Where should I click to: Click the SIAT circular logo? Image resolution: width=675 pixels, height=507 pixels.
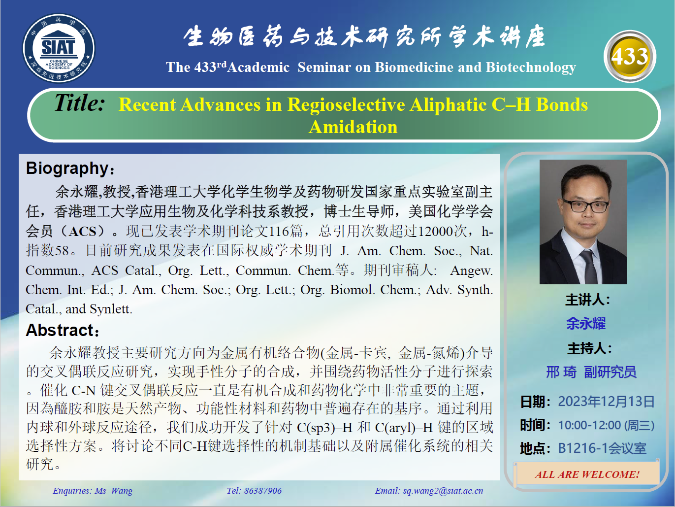coord(59,48)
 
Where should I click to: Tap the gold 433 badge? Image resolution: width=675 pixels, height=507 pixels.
coord(630,56)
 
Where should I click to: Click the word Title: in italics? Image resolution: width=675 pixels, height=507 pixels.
coord(80,103)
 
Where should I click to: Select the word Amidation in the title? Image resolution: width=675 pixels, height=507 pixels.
coord(353,127)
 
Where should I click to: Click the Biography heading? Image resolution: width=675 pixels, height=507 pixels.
coord(70,169)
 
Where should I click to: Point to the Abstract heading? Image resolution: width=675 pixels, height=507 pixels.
coord(63,330)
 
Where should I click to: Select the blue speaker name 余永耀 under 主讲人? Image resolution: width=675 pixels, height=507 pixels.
coord(586,323)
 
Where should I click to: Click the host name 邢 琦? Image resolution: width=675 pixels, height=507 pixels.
coord(561,372)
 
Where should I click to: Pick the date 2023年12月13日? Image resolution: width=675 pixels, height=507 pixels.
coord(606,402)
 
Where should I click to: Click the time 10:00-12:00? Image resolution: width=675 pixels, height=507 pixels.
coord(589,425)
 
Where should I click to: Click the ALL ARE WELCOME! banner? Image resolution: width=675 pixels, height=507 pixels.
coord(587,474)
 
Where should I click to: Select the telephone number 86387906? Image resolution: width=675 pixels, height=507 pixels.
coord(263,491)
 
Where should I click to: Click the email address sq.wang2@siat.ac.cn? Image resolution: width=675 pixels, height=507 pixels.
coord(443,491)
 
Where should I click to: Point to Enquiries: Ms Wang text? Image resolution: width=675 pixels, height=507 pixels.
coord(93,491)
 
